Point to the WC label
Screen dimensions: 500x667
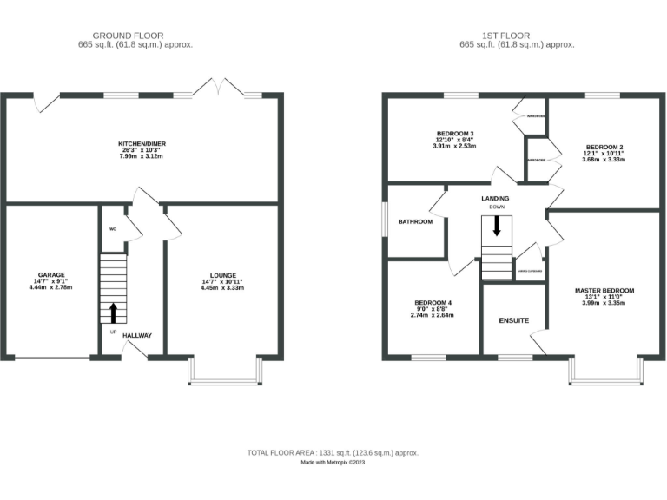pos(113,229)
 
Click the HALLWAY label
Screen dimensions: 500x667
pos(137,335)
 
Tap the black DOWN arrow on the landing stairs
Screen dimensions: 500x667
pos(497,227)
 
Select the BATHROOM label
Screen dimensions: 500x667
pos(415,221)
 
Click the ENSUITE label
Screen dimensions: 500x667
pos(513,320)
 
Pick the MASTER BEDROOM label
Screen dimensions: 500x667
pos(604,290)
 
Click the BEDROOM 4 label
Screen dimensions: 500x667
pos(433,302)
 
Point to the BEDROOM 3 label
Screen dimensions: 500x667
pos(455,133)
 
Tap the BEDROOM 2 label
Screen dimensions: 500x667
pos(604,147)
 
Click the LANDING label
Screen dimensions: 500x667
pos(495,199)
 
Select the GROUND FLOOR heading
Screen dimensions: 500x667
pos(135,35)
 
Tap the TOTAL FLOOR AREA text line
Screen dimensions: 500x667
pos(333,453)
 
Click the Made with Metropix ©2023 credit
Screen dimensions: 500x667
pos(333,463)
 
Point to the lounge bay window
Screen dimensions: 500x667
pos(223,372)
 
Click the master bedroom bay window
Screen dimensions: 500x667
pos(606,372)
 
